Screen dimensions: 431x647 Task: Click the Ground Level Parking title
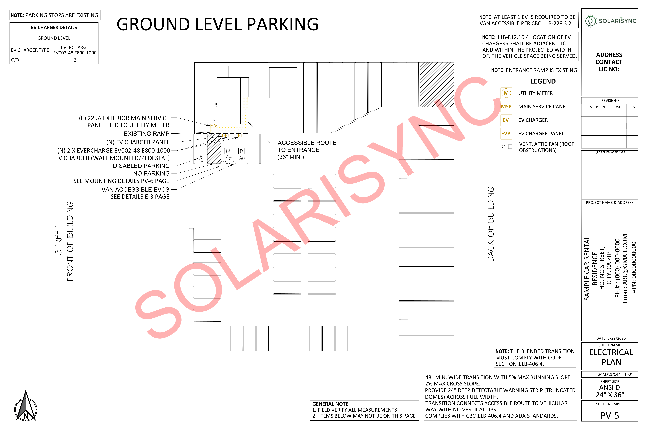(x=217, y=24)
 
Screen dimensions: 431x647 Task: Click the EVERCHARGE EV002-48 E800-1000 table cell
(x=75, y=50)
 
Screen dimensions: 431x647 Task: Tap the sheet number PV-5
(x=610, y=415)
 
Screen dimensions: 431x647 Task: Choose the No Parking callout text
(x=151, y=173)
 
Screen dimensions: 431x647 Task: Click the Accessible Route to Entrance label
(x=307, y=150)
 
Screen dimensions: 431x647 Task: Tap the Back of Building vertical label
(x=491, y=224)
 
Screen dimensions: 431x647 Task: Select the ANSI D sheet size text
(x=610, y=388)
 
